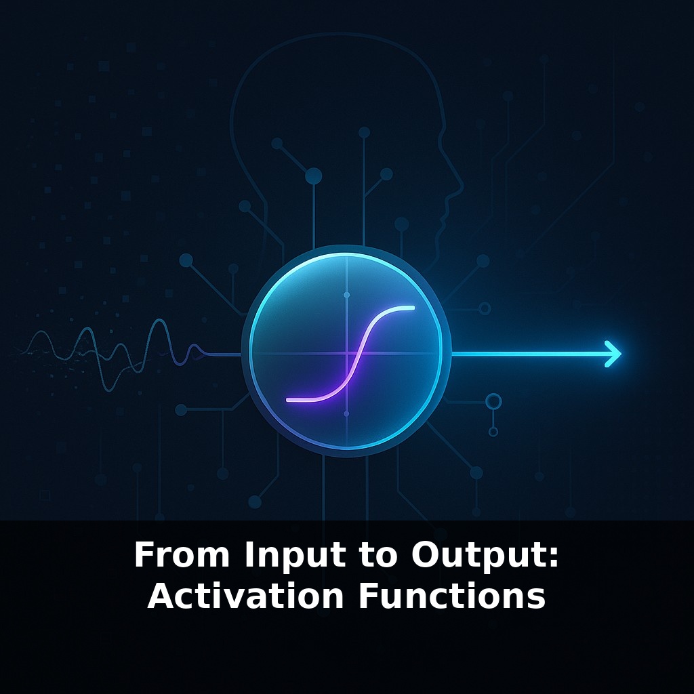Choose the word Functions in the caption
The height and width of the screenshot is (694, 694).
(x=451, y=596)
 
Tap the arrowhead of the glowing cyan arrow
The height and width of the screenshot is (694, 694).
(x=614, y=354)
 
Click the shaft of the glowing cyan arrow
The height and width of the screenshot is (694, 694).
(x=529, y=354)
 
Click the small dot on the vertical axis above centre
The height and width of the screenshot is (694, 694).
(x=346, y=295)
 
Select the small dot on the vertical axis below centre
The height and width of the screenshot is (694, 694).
(x=346, y=413)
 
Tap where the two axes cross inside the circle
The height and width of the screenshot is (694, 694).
(x=346, y=354)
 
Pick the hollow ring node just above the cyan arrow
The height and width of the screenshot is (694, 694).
(x=485, y=308)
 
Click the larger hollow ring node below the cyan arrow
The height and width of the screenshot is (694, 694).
(x=493, y=401)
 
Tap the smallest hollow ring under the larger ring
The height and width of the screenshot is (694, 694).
(x=493, y=432)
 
